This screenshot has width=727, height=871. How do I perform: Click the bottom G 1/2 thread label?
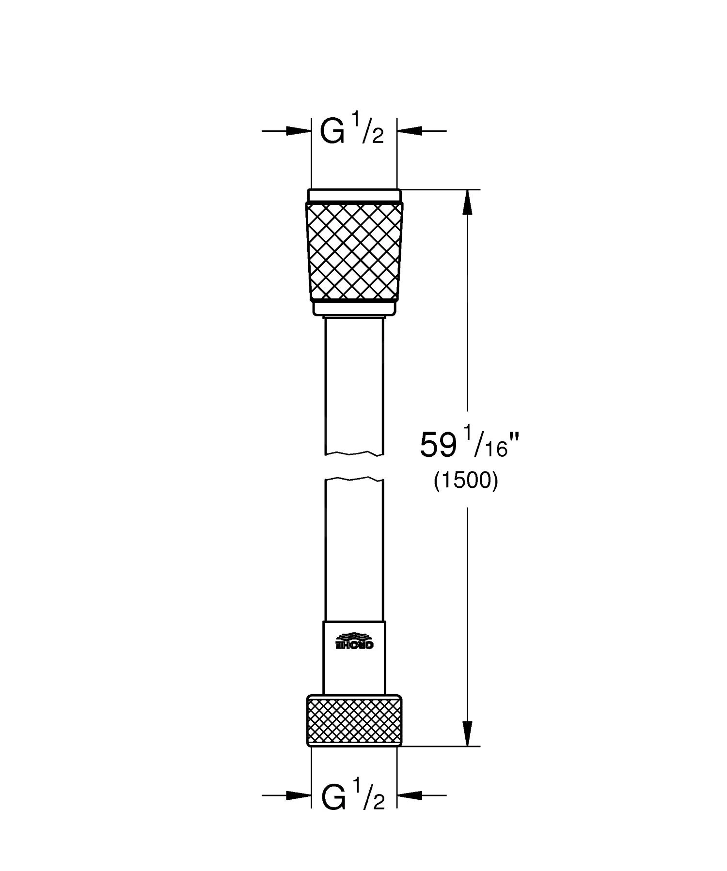(x=352, y=796)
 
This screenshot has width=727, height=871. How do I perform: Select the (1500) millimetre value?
(x=466, y=482)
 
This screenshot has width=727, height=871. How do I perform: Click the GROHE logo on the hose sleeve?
(x=354, y=641)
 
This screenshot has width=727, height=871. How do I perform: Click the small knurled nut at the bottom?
(x=354, y=720)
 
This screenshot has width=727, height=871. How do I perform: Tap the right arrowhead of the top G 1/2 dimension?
(x=410, y=131)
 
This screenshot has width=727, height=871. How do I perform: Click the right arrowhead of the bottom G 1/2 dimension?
(x=410, y=795)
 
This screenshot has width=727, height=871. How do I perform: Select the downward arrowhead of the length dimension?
(x=467, y=734)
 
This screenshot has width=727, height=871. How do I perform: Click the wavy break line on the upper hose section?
(x=354, y=454)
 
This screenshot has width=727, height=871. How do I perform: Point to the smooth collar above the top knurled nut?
(x=354, y=195)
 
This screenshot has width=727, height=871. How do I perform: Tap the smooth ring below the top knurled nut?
(x=354, y=308)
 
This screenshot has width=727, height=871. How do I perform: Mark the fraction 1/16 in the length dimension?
(x=490, y=443)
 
